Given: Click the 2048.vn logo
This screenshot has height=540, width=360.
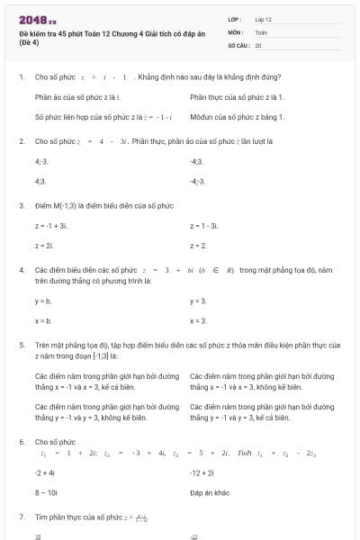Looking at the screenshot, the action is click(38, 19).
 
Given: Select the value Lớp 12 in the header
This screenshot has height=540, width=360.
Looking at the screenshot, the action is click(264, 19).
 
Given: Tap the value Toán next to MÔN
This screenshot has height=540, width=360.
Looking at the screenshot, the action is click(261, 31).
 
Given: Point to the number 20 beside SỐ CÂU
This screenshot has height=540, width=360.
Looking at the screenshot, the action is click(258, 44).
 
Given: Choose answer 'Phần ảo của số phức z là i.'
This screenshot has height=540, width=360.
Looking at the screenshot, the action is click(77, 96).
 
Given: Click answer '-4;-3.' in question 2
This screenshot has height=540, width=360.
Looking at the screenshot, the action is click(198, 181).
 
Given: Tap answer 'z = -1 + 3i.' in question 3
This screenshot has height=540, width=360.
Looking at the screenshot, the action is click(51, 225).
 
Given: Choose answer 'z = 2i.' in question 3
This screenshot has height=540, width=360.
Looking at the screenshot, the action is click(45, 245).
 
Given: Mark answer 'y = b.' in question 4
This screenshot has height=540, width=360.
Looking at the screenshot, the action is click(43, 301).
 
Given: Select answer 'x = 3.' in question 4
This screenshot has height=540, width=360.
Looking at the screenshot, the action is click(198, 320).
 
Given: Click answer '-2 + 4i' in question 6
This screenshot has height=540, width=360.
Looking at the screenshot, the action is click(45, 472).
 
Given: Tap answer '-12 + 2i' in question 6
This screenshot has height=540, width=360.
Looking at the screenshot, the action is click(202, 472).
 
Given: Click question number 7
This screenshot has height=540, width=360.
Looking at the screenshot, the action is click(22, 517).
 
